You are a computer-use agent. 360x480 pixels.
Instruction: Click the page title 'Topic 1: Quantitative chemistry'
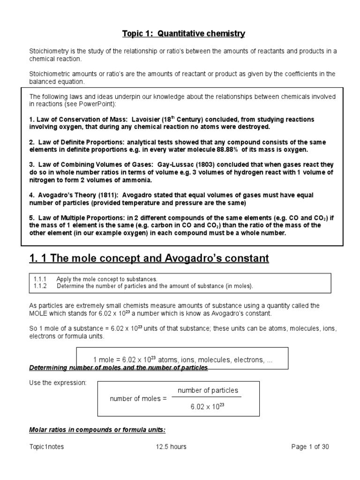(184, 34)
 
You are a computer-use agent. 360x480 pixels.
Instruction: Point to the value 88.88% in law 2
(227, 150)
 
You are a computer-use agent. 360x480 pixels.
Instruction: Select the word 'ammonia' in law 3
(136, 180)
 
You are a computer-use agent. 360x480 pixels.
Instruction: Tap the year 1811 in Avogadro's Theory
(105, 195)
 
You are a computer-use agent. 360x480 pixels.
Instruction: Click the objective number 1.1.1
(40, 278)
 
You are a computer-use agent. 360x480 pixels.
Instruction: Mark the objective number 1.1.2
(40, 285)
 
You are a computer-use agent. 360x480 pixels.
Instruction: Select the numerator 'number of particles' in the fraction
(208, 390)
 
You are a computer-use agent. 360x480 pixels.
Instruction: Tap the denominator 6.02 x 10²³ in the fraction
(208, 407)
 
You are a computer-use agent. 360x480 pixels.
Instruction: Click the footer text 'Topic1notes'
(46, 447)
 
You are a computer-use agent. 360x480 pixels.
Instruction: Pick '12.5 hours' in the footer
(171, 447)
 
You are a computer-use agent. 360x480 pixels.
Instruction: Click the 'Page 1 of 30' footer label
(310, 447)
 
